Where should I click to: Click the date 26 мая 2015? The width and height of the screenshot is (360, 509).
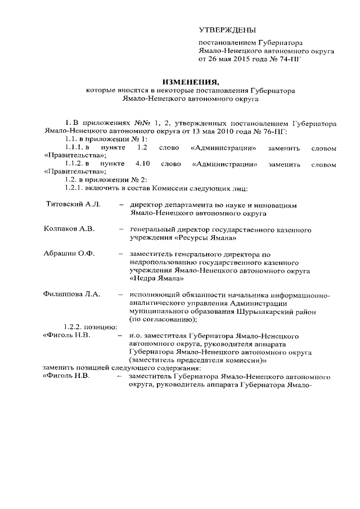click(231, 58)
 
